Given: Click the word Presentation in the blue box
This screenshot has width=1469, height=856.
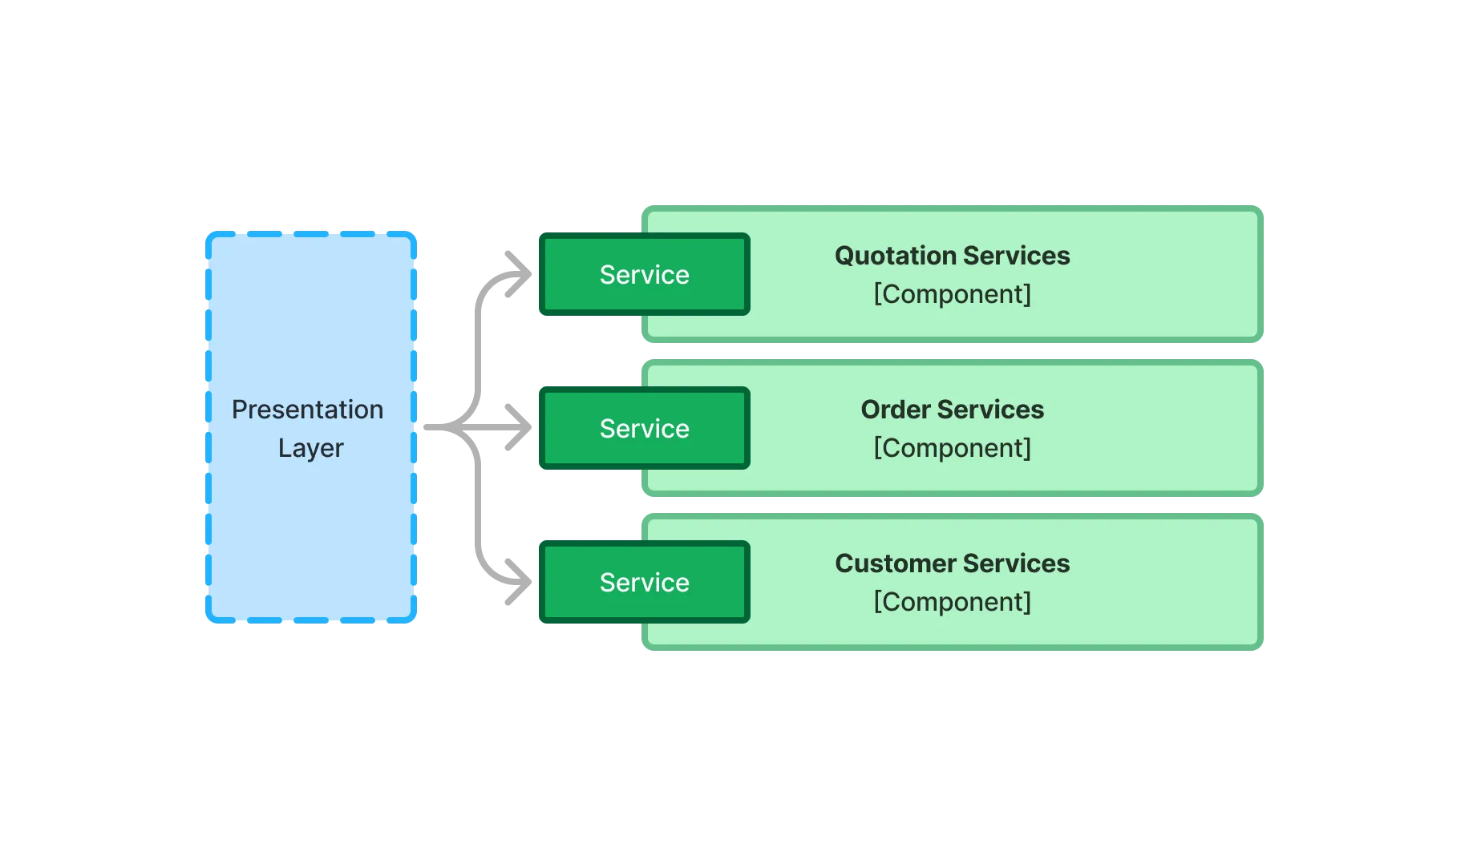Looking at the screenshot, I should coord(307,410).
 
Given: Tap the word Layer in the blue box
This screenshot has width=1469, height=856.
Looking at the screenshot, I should coord(310,448).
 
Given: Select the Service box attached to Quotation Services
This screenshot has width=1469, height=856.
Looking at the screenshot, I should coord(645,275).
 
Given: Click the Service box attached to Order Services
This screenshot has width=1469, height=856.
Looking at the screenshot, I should coord(645,429).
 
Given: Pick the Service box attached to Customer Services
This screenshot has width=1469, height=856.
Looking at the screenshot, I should coord(645,583).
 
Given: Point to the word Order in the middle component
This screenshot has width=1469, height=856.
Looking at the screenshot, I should coord(896,410).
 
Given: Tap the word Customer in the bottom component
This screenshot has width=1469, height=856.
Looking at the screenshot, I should coord(895,563).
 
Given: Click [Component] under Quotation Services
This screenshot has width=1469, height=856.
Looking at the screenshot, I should coord(952,294).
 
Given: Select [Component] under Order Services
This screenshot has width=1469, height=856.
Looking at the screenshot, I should coord(952,448).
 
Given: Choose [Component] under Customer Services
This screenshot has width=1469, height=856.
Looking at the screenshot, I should coord(952,602).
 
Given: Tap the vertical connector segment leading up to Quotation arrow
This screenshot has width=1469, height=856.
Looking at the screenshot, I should coord(478,345).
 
